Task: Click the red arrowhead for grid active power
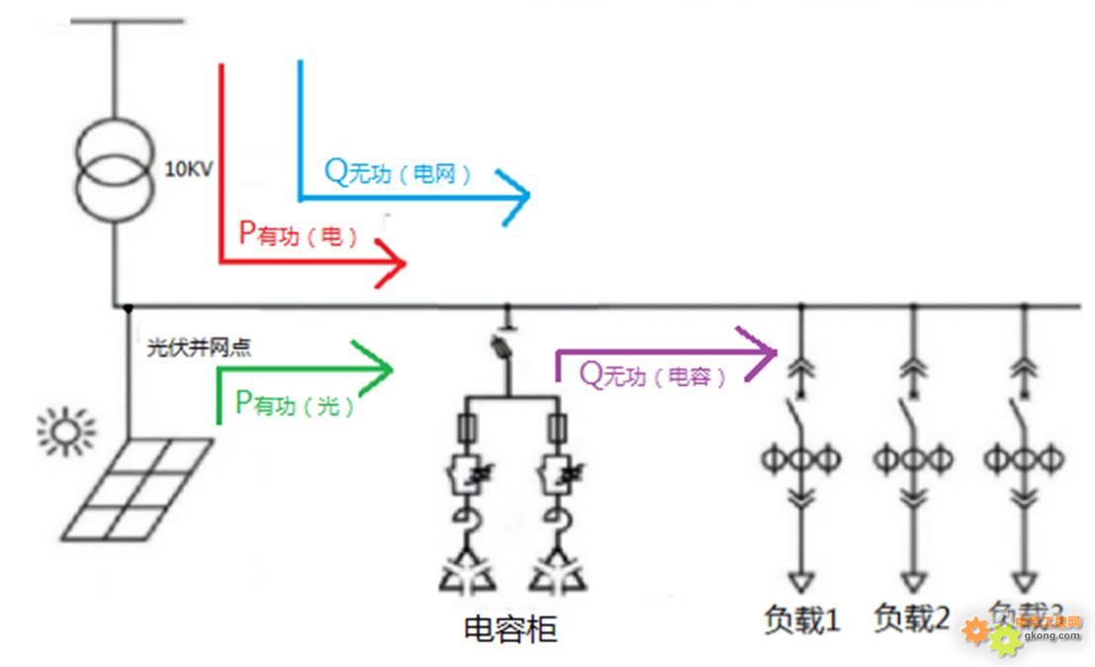pyautogui.click(x=393, y=264)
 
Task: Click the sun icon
pyautogui.click(x=66, y=432)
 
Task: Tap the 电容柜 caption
pyautogui.click(x=509, y=628)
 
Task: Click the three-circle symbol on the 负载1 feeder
pyautogui.click(x=801, y=458)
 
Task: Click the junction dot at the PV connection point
pyautogui.click(x=128, y=307)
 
